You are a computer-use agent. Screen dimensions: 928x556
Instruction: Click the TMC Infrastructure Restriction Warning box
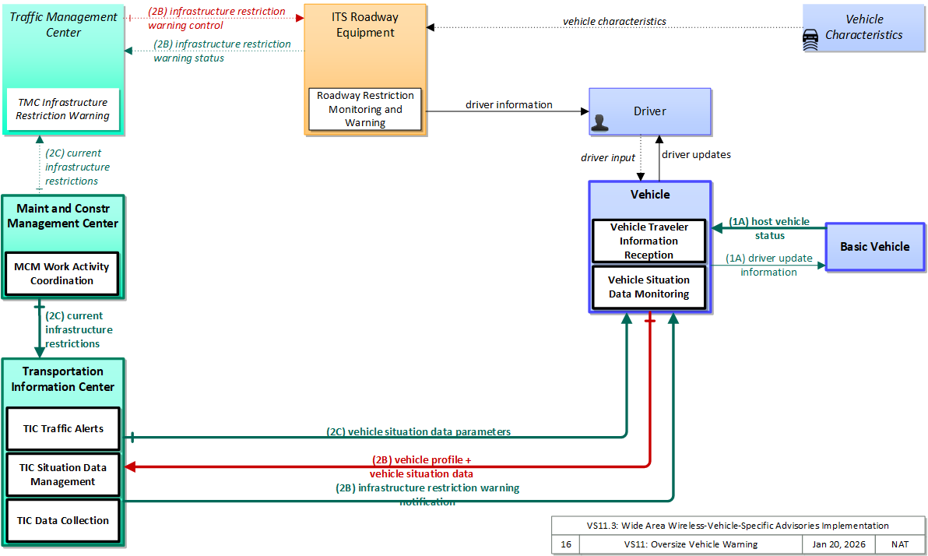coord(63,109)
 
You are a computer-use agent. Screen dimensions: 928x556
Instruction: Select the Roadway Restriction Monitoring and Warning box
coord(365,109)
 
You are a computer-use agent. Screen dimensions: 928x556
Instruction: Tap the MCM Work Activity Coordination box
coord(62,273)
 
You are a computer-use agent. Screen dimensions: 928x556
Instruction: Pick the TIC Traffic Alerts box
coord(63,428)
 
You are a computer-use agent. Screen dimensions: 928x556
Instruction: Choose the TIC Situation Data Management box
coord(63,474)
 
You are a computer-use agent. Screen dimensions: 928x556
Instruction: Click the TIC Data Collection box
coord(63,520)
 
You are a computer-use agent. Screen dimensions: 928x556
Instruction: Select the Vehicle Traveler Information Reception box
coord(649,241)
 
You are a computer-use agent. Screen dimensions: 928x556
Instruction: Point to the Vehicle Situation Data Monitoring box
coord(649,287)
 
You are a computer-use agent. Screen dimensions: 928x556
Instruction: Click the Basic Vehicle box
coord(875,247)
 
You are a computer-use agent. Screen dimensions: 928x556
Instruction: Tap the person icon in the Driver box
coord(599,122)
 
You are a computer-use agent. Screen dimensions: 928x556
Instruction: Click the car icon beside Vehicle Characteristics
coord(810,40)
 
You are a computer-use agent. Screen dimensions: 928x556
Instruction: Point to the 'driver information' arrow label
coord(509,105)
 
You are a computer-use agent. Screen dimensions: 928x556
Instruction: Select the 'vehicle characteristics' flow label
coord(614,21)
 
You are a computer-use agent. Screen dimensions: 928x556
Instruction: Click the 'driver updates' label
coord(696,154)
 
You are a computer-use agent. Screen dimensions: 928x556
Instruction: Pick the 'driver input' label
coord(608,157)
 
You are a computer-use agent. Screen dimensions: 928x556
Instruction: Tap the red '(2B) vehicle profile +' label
coord(421,459)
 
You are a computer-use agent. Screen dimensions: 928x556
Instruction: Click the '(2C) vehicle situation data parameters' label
coord(418,431)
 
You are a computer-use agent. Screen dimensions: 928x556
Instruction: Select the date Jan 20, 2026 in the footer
coord(838,544)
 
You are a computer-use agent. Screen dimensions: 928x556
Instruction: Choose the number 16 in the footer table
coord(566,544)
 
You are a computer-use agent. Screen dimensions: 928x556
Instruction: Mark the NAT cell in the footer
coord(900,544)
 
